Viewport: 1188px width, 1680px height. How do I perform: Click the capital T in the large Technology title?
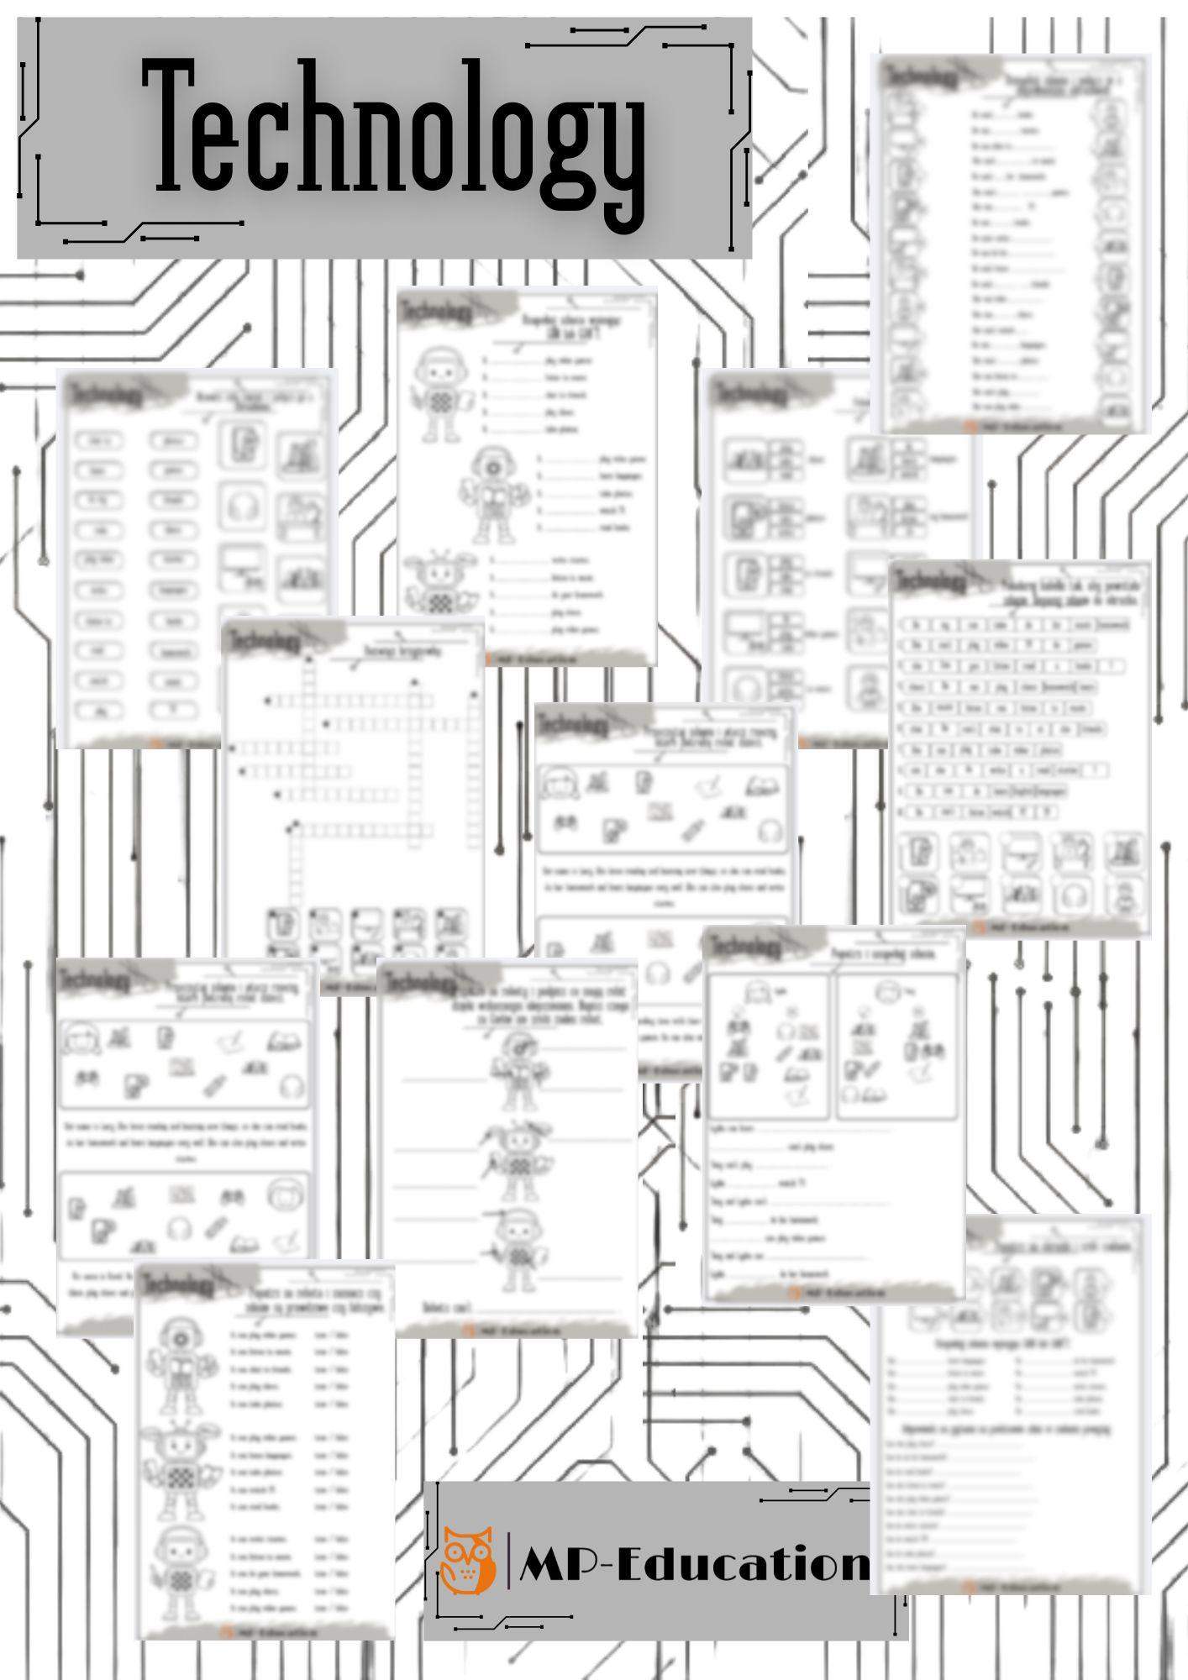click(x=176, y=126)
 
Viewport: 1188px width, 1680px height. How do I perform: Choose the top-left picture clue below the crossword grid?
click(x=281, y=923)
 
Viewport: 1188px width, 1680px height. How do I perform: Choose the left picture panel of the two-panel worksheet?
click(x=767, y=1046)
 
